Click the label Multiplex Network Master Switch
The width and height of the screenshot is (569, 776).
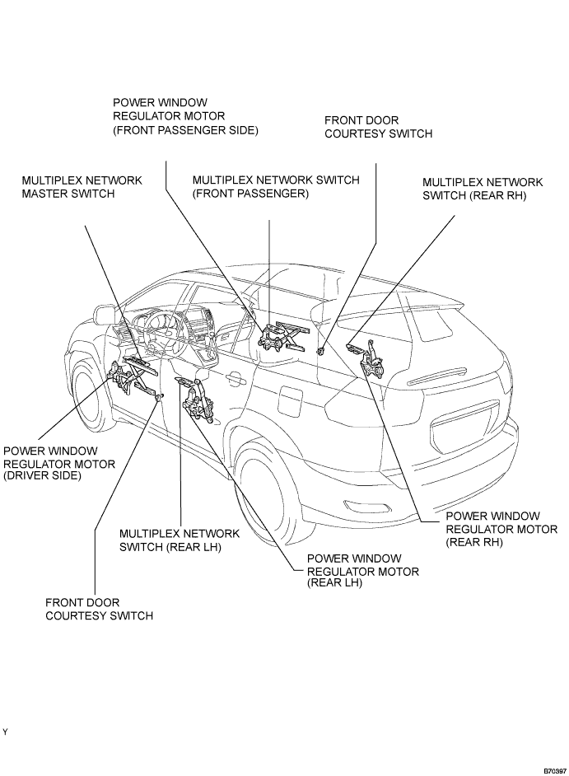coord(82,187)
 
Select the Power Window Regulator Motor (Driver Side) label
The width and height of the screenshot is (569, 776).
coord(59,464)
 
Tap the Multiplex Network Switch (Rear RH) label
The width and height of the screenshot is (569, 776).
coord(483,189)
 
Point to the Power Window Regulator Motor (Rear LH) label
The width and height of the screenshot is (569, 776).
coord(363,571)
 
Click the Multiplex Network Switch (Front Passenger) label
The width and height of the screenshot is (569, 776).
coord(276,186)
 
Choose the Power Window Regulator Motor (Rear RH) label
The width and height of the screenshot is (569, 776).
coord(501,529)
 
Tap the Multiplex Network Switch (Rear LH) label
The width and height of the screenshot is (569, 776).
coord(180,540)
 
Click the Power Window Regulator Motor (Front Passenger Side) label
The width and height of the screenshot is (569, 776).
coord(185,116)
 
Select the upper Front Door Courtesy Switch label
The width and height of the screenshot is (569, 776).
coord(379,127)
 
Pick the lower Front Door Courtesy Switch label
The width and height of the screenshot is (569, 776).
coord(99,610)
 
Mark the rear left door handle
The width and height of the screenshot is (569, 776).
coord(236,379)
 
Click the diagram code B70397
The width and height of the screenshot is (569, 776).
coord(555,771)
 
